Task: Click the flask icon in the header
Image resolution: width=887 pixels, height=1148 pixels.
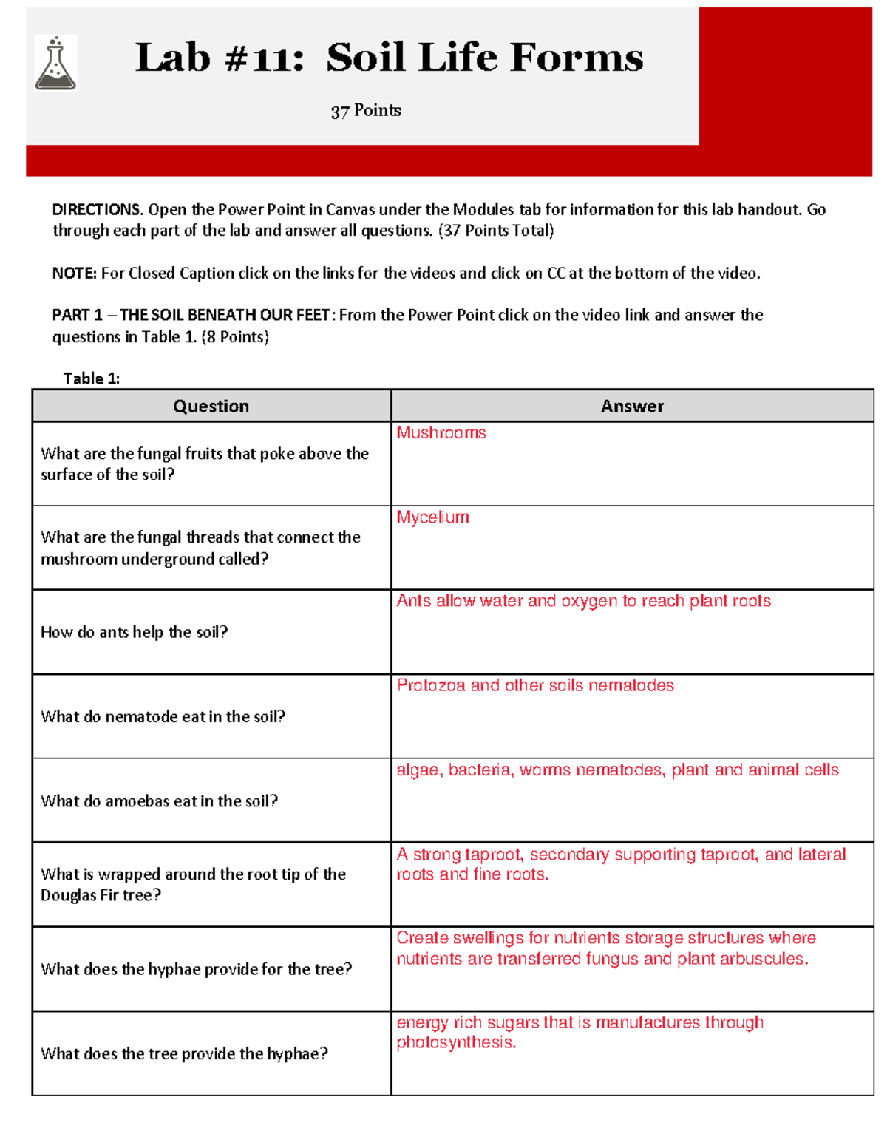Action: pyautogui.click(x=55, y=64)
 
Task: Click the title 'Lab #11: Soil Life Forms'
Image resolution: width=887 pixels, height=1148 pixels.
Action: pyautogui.click(x=389, y=58)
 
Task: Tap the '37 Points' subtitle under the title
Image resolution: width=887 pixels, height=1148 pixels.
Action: pyautogui.click(x=366, y=111)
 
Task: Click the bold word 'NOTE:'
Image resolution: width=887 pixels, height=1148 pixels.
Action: pyautogui.click(x=74, y=274)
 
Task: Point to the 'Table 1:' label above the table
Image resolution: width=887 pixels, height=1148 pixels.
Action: pyautogui.click(x=91, y=378)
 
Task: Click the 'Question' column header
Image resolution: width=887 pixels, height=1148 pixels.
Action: pyautogui.click(x=211, y=406)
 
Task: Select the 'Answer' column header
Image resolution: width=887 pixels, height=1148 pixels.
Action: pyautogui.click(x=632, y=406)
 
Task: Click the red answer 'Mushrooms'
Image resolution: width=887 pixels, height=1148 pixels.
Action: pyautogui.click(x=441, y=433)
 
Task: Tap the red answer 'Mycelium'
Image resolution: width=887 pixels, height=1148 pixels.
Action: pyautogui.click(x=432, y=517)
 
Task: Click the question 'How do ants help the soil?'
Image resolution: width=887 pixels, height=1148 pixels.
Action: pyautogui.click(x=134, y=632)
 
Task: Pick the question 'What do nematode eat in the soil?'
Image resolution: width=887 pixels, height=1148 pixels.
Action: pyautogui.click(x=163, y=716)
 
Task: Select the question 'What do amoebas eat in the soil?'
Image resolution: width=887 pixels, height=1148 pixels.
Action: pyautogui.click(x=159, y=801)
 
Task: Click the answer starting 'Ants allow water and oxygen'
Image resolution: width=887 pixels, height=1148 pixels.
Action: pyautogui.click(x=583, y=601)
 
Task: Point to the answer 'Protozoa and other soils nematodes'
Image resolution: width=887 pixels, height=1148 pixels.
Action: pyautogui.click(x=535, y=685)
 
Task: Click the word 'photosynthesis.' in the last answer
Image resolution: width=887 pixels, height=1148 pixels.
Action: pyautogui.click(x=456, y=1043)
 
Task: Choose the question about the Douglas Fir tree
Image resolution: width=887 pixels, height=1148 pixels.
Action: pyautogui.click(x=193, y=885)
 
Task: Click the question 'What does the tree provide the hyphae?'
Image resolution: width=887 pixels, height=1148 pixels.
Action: pyautogui.click(x=184, y=1053)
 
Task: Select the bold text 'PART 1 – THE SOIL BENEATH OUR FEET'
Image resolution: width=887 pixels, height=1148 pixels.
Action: pyautogui.click(x=191, y=316)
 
